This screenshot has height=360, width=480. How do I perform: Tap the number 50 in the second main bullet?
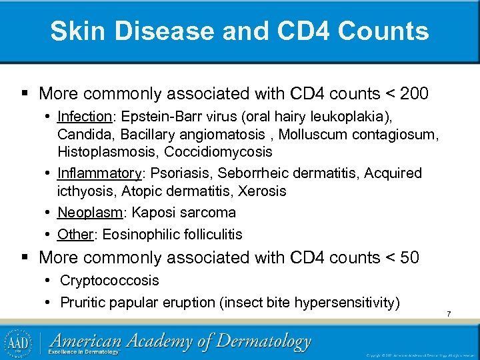pos(409,257)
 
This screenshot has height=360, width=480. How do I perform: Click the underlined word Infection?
pos(86,116)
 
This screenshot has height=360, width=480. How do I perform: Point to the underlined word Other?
pos(75,234)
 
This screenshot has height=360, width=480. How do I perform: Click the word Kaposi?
pos(154,213)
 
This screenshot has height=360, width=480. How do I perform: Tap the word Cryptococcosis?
pos(109,281)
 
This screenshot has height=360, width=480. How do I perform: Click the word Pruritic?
pos(83,303)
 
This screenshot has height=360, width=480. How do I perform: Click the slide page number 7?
pos(449,314)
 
